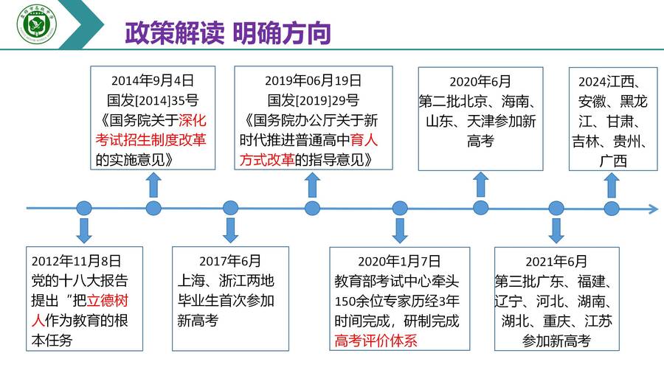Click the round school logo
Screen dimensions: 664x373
click(x=37, y=24)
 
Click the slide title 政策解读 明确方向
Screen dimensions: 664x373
click(x=228, y=33)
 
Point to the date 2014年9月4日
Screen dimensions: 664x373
click(x=153, y=80)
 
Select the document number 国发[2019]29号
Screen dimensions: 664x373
click(x=314, y=100)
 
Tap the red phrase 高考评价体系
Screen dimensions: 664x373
click(x=376, y=341)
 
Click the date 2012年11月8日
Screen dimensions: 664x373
click(x=76, y=260)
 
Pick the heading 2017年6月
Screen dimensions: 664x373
click(x=230, y=260)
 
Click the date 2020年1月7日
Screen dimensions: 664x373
click(x=399, y=261)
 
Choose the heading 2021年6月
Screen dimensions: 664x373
click(x=556, y=262)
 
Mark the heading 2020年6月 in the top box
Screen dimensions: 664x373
click(x=480, y=81)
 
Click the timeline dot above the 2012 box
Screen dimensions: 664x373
click(x=84, y=208)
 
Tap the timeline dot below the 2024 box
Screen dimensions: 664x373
click(x=612, y=208)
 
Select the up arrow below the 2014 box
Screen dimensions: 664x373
click(x=153, y=185)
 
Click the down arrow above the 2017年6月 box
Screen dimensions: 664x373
click(x=230, y=231)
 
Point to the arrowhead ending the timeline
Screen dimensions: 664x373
click(x=654, y=208)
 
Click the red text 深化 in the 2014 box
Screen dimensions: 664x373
click(x=193, y=120)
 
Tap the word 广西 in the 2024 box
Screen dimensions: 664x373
click(x=613, y=161)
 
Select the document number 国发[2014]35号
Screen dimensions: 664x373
click(x=153, y=100)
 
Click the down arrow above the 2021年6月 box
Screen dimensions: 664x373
click(x=556, y=231)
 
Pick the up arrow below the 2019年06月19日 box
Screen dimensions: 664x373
click(x=312, y=185)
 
